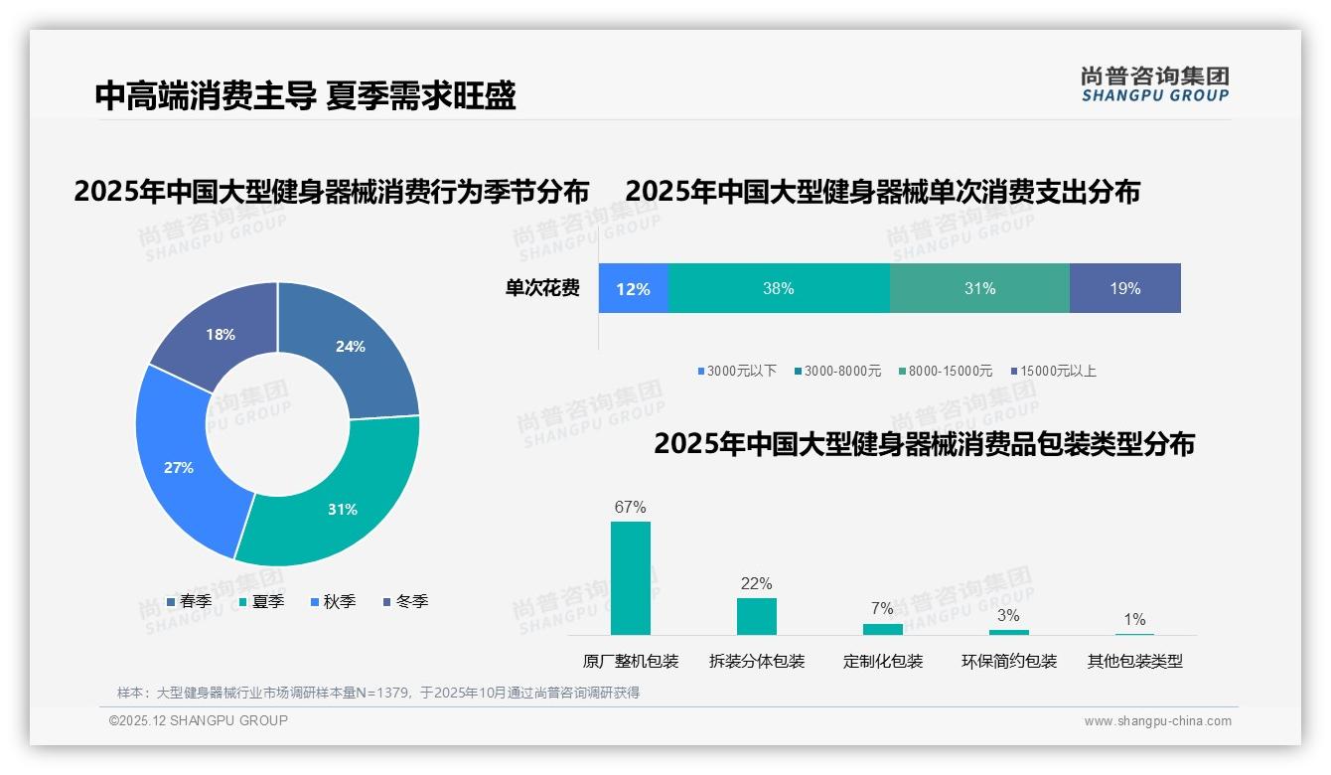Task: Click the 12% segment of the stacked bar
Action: pyautogui.click(x=633, y=289)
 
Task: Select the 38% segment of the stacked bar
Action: pyautogui.click(x=779, y=289)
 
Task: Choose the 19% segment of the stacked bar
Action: pyautogui.click(x=1124, y=289)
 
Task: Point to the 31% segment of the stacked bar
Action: pyautogui.click(x=979, y=289)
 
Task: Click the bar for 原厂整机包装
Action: pyautogui.click(x=630, y=578)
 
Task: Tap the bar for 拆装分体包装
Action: pyautogui.click(x=756, y=616)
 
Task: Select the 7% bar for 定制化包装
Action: pyautogui.click(x=882, y=629)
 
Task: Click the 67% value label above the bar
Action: pyautogui.click(x=630, y=508)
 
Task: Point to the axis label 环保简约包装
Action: pyautogui.click(x=1008, y=661)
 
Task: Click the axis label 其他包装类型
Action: pyautogui.click(x=1134, y=661)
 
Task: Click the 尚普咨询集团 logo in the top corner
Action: pyautogui.click(x=1154, y=83)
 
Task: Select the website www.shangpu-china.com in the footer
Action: pyautogui.click(x=1157, y=721)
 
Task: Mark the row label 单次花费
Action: pyautogui.click(x=542, y=289)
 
